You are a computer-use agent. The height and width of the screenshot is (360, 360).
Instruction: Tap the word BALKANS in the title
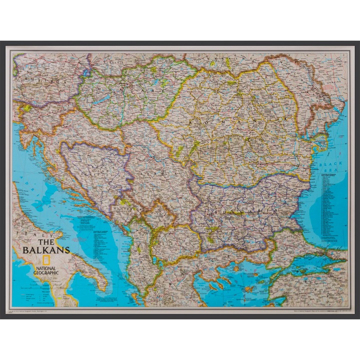coord(44,249)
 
